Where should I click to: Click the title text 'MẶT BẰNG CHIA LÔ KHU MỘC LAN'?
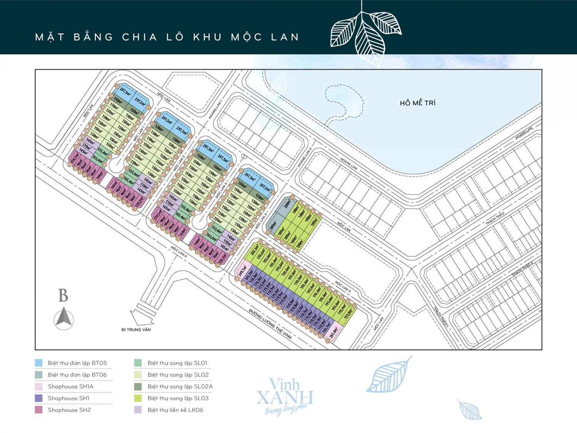(x=167, y=37)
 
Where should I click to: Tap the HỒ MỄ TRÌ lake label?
(x=417, y=103)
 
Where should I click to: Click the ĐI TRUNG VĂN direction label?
(x=136, y=329)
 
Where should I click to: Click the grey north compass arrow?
(x=64, y=318)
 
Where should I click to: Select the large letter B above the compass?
(x=63, y=296)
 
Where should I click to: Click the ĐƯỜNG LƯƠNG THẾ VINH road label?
(x=270, y=324)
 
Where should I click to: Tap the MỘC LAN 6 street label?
(x=179, y=252)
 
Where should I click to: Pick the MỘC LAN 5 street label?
(x=342, y=287)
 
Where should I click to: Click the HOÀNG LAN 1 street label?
(x=215, y=109)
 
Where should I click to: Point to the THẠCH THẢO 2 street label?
(x=522, y=269)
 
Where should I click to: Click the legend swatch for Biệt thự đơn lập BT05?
(x=38, y=363)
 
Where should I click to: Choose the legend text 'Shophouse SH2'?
(x=69, y=410)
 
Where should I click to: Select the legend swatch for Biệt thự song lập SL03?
(x=138, y=398)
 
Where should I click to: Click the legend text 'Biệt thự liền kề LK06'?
(x=175, y=410)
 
